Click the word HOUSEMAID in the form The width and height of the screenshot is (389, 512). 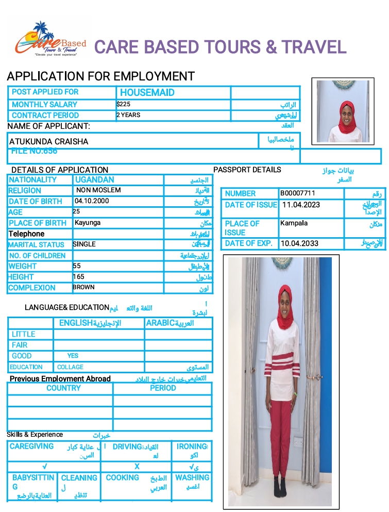pyautogui.click(x=147, y=93)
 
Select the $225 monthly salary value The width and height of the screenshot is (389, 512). pyautogui.click(x=124, y=104)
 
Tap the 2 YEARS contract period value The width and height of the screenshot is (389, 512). pyautogui.click(x=128, y=115)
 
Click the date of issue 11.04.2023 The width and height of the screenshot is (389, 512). pyautogui.click(x=301, y=205)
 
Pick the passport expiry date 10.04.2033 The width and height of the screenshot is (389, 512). pyautogui.click(x=299, y=243)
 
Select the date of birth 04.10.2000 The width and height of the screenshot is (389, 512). pyautogui.click(x=92, y=201)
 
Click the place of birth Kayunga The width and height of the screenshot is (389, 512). pyautogui.click(x=88, y=223)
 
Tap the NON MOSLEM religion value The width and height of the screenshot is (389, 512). pyautogui.click(x=98, y=190)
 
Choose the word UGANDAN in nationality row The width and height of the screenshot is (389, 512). pyautogui.click(x=95, y=180)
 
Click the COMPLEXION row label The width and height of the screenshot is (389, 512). pyautogui.click(x=32, y=288)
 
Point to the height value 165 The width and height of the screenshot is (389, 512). pyautogui.click(x=78, y=277)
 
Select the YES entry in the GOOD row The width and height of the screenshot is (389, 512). pyautogui.click(x=73, y=356)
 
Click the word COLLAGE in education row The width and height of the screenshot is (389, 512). pyautogui.click(x=71, y=367)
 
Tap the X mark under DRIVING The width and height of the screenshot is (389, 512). pyautogui.click(x=137, y=466)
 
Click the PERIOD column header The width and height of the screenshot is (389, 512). pyautogui.click(x=163, y=388)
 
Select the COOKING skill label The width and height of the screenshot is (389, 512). pyautogui.click(x=122, y=478)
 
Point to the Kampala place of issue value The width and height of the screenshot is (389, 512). pyautogui.click(x=294, y=223)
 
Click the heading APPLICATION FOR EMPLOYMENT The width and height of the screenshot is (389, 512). pyautogui.click(x=100, y=76)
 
